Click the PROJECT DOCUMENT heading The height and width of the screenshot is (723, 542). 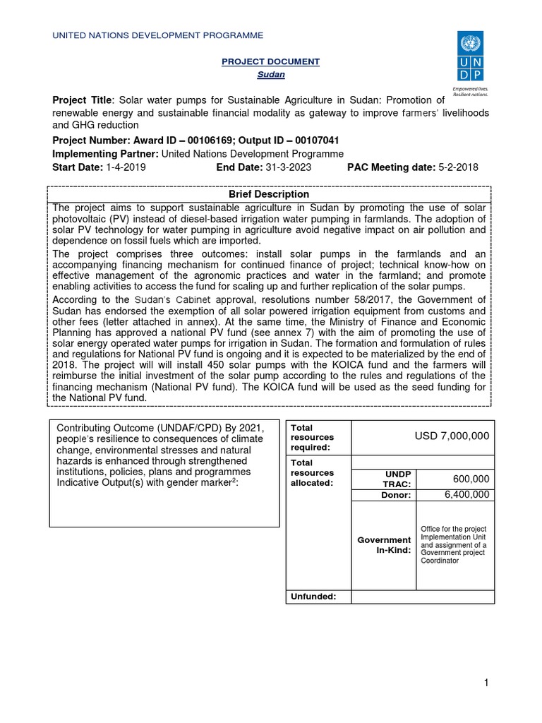[x=270, y=62]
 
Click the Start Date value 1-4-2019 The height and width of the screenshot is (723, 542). [x=124, y=167]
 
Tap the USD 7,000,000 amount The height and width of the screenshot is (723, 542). [x=452, y=436]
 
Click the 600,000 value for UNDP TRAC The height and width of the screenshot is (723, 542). [x=471, y=479]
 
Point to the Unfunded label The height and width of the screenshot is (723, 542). [x=313, y=597]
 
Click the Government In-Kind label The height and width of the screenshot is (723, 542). [x=384, y=545]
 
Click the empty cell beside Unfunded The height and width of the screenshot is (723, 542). [x=422, y=597]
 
